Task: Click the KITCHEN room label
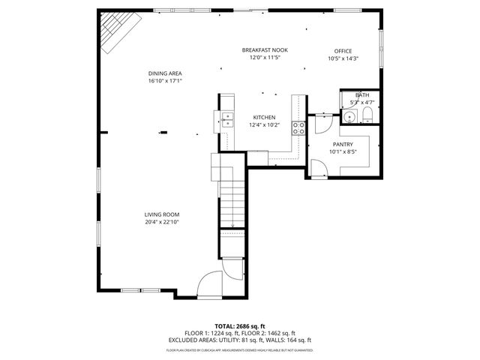(x=264, y=118)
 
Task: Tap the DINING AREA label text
(x=165, y=73)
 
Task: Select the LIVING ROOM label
(x=162, y=214)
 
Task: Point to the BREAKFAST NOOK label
(x=264, y=50)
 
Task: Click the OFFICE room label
(x=343, y=51)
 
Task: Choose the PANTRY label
(x=343, y=144)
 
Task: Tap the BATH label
(x=362, y=95)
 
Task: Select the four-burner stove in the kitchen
(x=298, y=127)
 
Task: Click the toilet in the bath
(x=367, y=115)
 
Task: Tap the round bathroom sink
(x=348, y=116)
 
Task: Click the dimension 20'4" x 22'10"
(x=162, y=222)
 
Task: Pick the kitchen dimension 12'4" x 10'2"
(x=264, y=125)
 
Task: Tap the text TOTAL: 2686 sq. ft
(x=240, y=326)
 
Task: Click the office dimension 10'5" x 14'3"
(x=343, y=58)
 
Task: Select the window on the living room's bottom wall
(x=130, y=290)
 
